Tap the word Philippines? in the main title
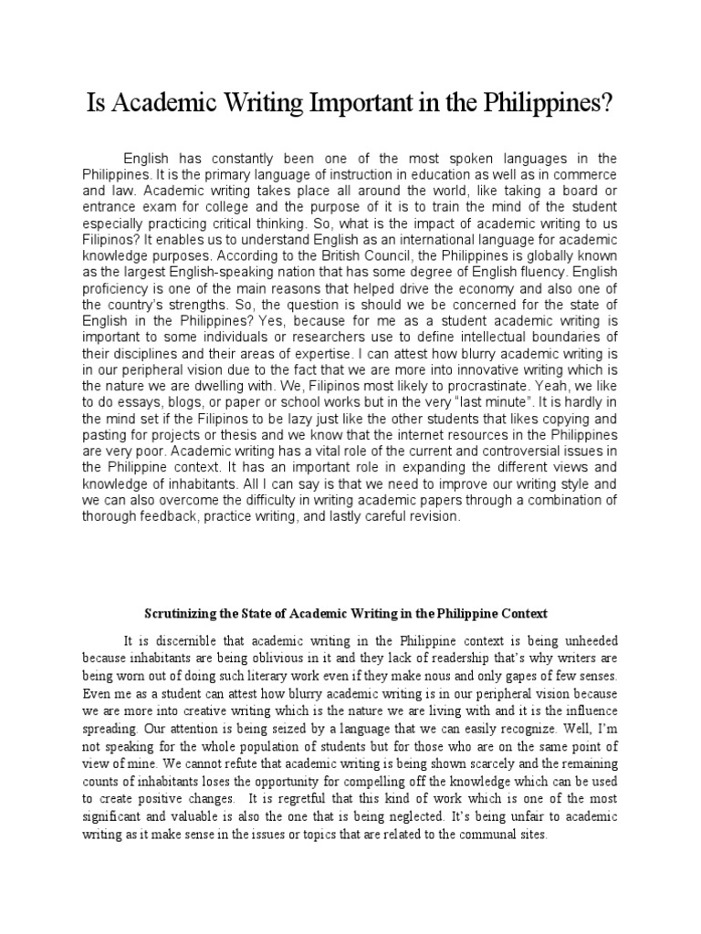(x=544, y=102)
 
